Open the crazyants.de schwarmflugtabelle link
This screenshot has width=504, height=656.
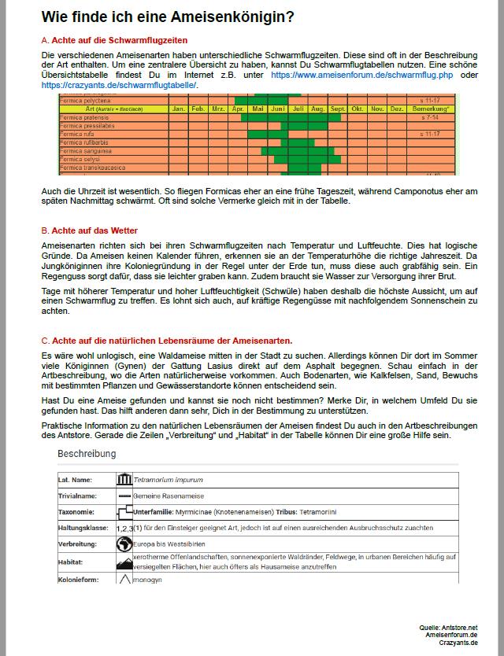coord(119,85)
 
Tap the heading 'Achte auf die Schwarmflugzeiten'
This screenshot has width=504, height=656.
coord(119,39)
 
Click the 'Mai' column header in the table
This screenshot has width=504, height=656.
coord(258,109)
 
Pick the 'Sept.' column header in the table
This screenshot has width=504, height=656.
coord(338,109)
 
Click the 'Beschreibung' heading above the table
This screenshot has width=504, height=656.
coord(87,454)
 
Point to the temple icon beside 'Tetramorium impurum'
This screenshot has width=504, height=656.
coord(124,479)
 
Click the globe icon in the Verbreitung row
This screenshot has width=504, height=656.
coord(124,544)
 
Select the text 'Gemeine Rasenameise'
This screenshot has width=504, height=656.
coord(169,496)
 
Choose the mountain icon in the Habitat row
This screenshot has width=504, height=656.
coord(124,562)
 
